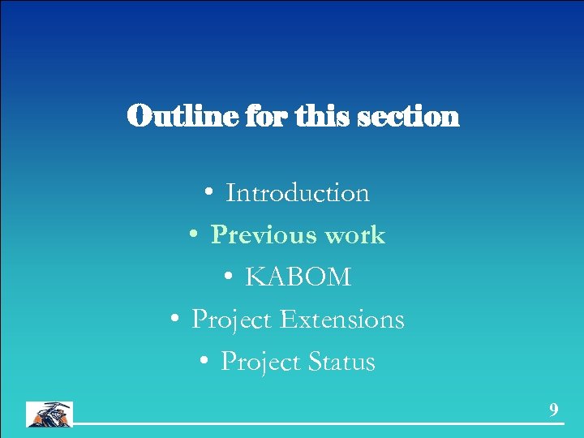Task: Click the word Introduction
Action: (298, 193)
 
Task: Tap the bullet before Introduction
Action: (209, 193)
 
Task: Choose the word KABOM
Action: (298, 277)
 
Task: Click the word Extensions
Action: (341, 320)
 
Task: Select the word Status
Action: (341, 362)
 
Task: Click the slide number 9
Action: (554, 410)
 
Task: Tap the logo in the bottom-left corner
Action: (49, 414)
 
